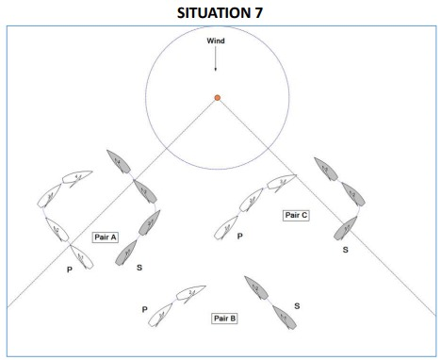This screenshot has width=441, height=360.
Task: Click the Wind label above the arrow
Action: click(x=216, y=41)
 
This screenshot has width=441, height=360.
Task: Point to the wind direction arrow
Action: click(x=216, y=58)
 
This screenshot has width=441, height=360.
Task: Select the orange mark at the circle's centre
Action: click(x=217, y=98)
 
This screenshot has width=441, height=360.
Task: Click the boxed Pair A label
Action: click(x=106, y=237)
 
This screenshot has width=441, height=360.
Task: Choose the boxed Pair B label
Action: click(x=224, y=319)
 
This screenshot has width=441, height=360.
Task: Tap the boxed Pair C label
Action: click(x=296, y=215)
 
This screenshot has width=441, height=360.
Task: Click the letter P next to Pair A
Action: click(x=70, y=270)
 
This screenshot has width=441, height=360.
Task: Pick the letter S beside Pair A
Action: click(x=139, y=268)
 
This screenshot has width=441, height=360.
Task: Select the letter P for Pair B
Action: click(x=145, y=309)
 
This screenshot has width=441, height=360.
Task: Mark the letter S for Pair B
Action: click(x=297, y=306)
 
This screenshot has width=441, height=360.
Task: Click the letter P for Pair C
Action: click(x=240, y=236)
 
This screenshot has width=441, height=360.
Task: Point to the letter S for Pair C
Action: click(x=346, y=250)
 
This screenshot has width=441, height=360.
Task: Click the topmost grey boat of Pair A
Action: click(x=119, y=161)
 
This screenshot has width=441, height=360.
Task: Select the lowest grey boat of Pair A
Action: click(x=125, y=253)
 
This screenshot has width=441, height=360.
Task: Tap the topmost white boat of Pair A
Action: click(x=77, y=177)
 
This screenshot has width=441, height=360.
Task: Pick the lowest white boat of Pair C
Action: click(x=226, y=228)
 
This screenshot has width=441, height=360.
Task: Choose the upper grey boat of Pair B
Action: click(x=256, y=287)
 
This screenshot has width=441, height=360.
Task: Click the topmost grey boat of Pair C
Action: click(x=326, y=169)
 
